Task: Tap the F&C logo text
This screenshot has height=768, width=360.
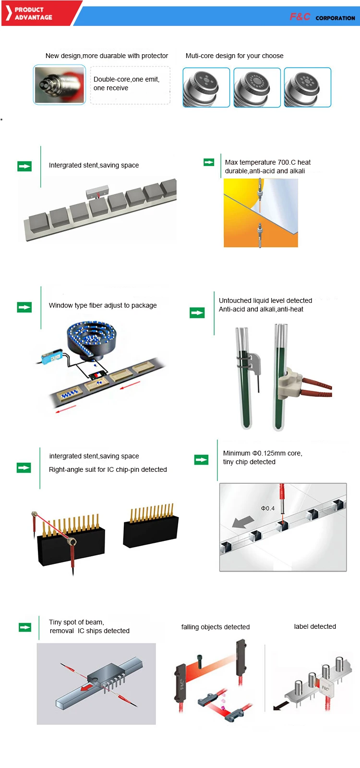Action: (300, 17)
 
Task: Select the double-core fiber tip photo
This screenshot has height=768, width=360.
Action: (59, 84)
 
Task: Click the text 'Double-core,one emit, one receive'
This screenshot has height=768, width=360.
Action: (126, 84)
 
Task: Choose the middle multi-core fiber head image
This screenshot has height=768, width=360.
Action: (257, 87)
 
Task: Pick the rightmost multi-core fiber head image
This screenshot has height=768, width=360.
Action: (307, 87)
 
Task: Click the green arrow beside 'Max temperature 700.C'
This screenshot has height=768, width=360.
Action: (209, 162)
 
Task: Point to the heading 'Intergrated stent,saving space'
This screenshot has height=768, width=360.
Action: (94, 165)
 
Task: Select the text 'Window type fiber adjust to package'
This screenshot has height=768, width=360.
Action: (103, 305)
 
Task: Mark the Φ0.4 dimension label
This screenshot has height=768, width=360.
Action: (267, 508)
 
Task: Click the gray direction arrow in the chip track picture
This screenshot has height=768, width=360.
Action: (243, 522)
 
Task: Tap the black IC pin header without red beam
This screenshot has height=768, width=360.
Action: (151, 530)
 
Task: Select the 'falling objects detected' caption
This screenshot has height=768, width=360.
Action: (215, 627)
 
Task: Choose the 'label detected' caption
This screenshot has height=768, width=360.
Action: (315, 626)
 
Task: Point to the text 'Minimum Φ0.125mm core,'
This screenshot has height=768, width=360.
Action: (263, 453)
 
